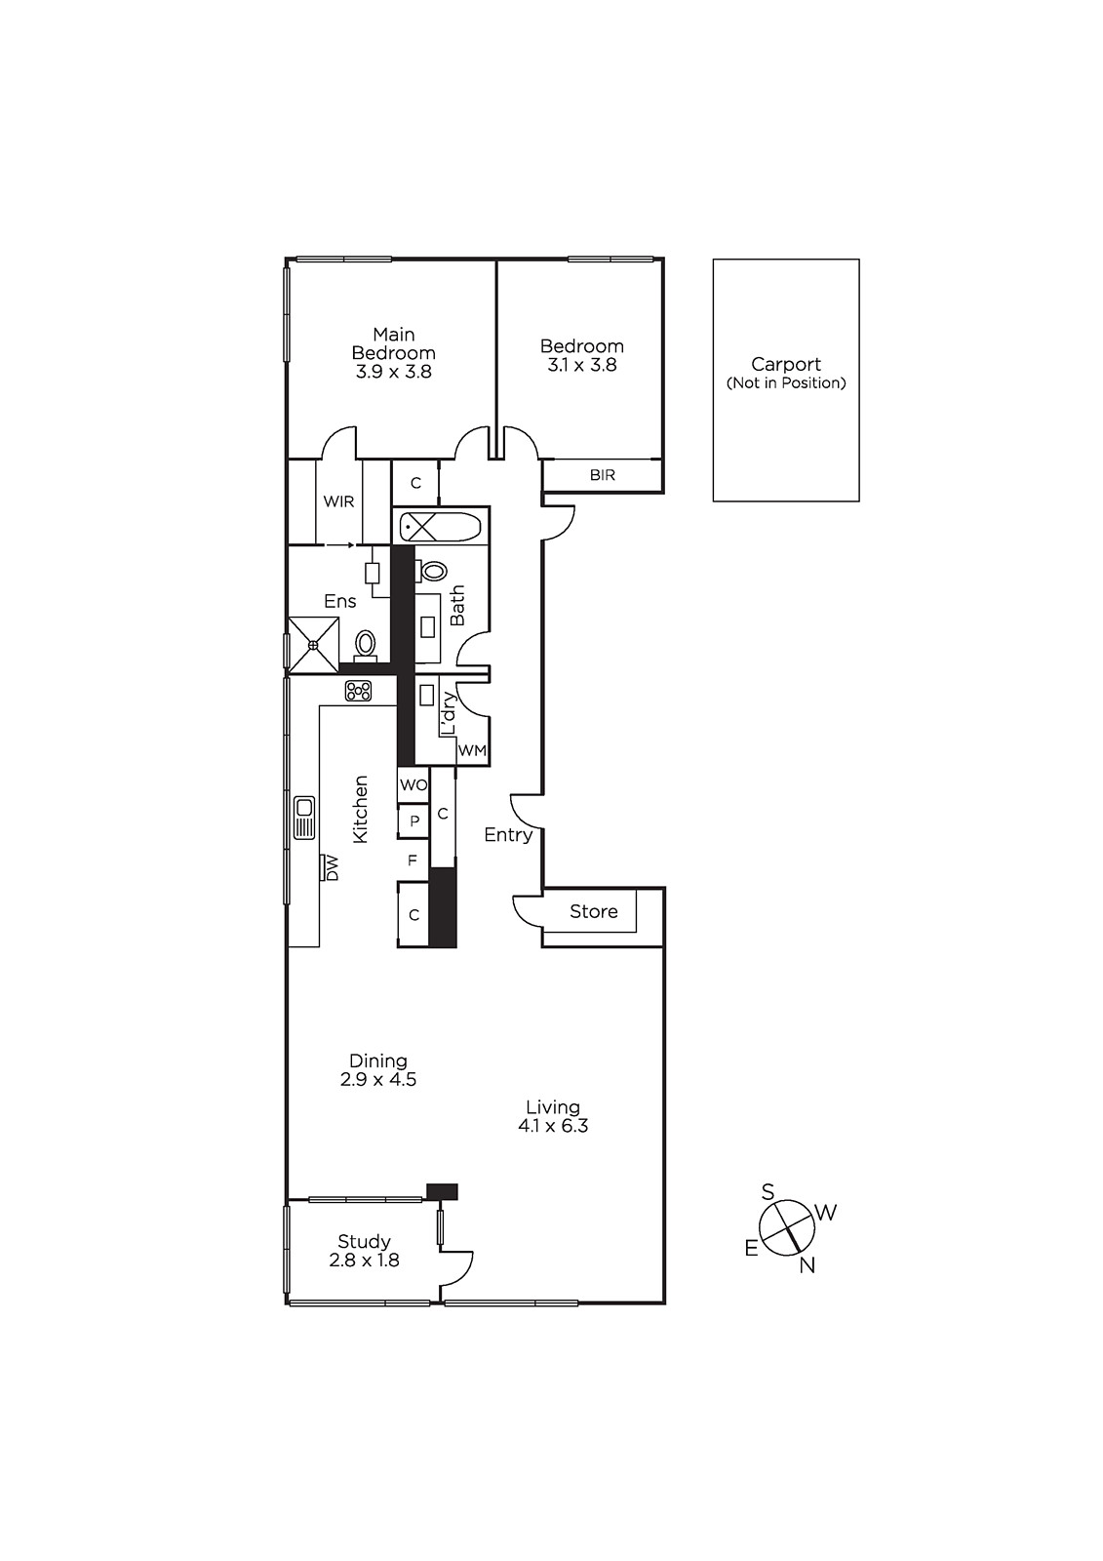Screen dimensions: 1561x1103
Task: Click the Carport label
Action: tap(785, 365)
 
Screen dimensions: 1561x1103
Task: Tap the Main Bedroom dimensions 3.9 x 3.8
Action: tap(393, 372)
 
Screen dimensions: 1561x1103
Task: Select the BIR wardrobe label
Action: tap(603, 475)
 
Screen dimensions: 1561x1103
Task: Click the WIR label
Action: tap(338, 501)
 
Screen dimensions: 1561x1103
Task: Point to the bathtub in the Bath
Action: tap(440, 528)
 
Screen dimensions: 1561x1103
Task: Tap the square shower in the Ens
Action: tap(312, 644)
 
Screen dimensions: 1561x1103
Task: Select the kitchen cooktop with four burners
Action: tap(358, 691)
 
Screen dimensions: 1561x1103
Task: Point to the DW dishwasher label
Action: tap(331, 868)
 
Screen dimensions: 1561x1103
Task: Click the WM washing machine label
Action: tap(472, 751)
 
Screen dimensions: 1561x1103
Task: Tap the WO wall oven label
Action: tap(413, 785)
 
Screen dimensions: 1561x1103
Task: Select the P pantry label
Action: tap(414, 821)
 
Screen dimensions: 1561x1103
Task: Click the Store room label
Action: tap(593, 911)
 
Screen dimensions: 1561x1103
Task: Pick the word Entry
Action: tap(508, 835)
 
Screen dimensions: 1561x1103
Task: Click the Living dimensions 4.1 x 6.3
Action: tap(553, 1126)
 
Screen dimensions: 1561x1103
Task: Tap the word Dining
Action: tap(378, 1061)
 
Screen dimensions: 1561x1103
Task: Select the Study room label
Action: tap(364, 1242)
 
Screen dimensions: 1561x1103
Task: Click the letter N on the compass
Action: tap(807, 1265)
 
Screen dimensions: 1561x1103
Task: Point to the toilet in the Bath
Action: tap(433, 571)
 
